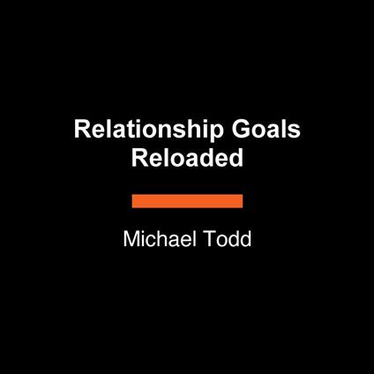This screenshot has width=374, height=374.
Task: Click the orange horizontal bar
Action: tap(187, 201)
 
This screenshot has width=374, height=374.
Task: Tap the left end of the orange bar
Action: tap(134, 201)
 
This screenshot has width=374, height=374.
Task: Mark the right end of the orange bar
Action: tap(241, 201)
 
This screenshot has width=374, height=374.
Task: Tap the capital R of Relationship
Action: tap(80, 129)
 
